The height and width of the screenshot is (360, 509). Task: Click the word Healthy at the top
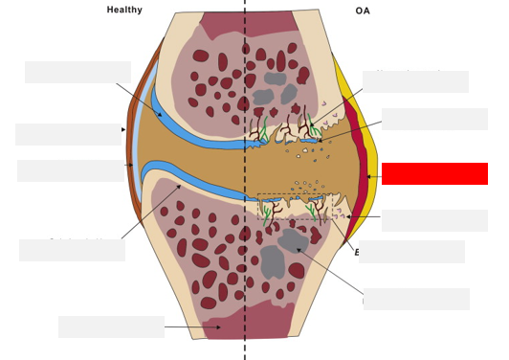click(x=124, y=11)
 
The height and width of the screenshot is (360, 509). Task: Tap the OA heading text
click(x=363, y=11)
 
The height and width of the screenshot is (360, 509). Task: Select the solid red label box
click(x=434, y=173)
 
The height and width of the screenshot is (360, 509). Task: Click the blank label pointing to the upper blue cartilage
click(x=77, y=73)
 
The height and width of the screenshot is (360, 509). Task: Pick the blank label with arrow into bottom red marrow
click(x=111, y=326)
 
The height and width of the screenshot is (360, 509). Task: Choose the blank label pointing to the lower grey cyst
click(x=416, y=299)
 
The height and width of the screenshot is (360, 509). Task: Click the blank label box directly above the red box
click(x=434, y=119)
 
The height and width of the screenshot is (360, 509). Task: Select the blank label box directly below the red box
click(x=434, y=220)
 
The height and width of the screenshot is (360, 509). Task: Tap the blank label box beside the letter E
click(x=411, y=252)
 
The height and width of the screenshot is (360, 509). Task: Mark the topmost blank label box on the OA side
click(x=415, y=81)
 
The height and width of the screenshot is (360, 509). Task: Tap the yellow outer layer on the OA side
click(x=368, y=134)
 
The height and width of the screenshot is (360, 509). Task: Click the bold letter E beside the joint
click(x=357, y=253)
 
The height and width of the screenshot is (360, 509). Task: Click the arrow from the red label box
click(x=373, y=176)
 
